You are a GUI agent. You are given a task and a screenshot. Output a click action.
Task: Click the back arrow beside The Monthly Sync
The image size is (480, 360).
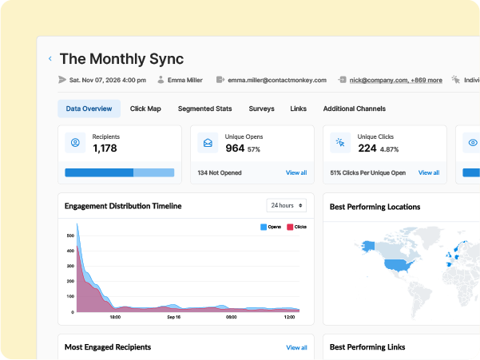click(x=50, y=58)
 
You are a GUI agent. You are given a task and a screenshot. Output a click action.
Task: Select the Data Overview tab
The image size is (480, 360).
click(x=89, y=109)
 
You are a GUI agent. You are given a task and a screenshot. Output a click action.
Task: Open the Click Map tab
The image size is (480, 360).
click(x=145, y=109)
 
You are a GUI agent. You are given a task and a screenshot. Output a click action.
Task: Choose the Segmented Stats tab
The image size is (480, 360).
click(x=204, y=109)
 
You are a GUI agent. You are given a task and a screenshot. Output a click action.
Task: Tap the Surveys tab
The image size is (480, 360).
click(x=261, y=109)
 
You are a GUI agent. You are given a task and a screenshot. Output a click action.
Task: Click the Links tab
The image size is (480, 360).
click(x=298, y=109)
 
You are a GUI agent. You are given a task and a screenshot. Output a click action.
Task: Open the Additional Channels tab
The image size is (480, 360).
click(x=354, y=109)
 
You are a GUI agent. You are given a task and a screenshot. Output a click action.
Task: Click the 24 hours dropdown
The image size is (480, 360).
click(x=287, y=205)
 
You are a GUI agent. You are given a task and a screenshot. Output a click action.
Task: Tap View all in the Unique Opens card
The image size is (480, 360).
click(x=296, y=172)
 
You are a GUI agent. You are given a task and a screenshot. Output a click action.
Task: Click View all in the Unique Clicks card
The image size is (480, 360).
click(x=429, y=172)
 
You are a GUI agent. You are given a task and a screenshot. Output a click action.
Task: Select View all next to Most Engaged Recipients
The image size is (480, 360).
click(x=296, y=347)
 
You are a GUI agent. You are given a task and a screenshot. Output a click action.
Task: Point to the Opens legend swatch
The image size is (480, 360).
click(x=264, y=227)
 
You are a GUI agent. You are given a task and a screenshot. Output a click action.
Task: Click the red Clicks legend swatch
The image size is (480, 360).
click(x=290, y=227)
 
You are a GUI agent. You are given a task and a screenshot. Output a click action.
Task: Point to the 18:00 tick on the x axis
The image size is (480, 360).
click(x=115, y=317)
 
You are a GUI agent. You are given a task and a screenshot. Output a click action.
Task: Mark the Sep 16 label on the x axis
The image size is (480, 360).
click(x=173, y=317)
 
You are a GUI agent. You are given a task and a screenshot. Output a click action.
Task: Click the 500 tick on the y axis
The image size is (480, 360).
click(x=70, y=235)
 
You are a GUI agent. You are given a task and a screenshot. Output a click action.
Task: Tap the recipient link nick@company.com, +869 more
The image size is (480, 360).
click(x=396, y=80)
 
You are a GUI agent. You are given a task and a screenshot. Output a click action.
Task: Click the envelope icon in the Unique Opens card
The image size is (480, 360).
click(x=208, y=143)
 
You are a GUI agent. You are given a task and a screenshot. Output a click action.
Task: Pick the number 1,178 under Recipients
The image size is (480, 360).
click(x=105, y=148)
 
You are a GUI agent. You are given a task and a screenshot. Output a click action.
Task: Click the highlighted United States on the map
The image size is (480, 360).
click(x=399, y=266)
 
